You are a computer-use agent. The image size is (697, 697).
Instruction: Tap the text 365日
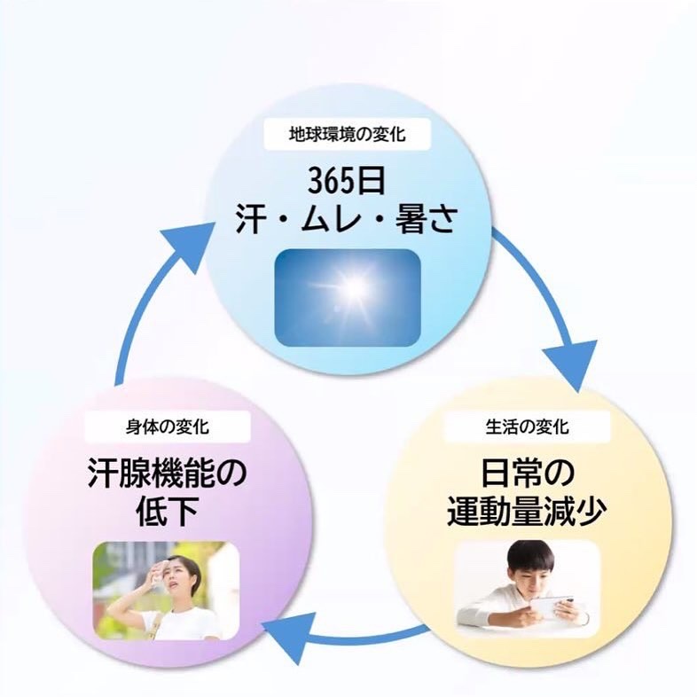[x=348, y=182]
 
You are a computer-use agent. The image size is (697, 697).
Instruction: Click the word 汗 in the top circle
[x=251, y=219]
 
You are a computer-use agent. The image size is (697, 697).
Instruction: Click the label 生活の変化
[x=528, y=427]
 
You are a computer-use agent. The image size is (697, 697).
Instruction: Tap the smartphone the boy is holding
[x=554, y=608]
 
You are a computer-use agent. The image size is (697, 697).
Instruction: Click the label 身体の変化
[x=168, y=427]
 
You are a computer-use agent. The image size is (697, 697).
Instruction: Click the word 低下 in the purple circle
[x=167, y=513]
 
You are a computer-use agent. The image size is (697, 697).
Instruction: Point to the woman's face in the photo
[x=178, y=577]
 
